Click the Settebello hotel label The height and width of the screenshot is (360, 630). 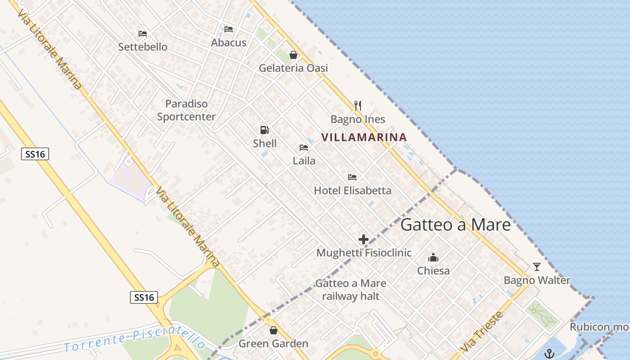tap(143, 47)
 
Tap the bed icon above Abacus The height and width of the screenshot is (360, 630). tap(229, 30)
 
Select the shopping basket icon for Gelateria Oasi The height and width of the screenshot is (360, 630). tap(293, 55)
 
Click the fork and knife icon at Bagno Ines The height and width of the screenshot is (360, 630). tap(358, 106)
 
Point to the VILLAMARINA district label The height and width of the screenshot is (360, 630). tap(364, 137)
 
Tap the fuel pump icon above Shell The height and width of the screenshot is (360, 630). tap(265, 130)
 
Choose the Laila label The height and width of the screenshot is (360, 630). tap(304, 161)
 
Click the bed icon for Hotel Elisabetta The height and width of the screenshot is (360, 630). tap(352, 177)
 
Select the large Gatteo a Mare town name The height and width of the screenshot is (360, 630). tap(455, 225)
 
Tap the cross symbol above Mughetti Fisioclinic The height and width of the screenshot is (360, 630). tap(364, 239)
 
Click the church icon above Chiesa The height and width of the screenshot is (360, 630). tap(433, 257)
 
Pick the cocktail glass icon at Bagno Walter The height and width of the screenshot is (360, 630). tap(536, 267)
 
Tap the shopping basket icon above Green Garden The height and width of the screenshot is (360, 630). tap(273, 330)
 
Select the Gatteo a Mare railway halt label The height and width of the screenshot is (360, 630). tap(351, 289)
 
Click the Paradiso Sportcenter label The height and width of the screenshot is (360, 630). tap(186, 110)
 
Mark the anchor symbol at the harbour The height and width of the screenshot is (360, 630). tap(549, 354)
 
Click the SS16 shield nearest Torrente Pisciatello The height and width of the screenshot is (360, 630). tap(144, 297)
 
